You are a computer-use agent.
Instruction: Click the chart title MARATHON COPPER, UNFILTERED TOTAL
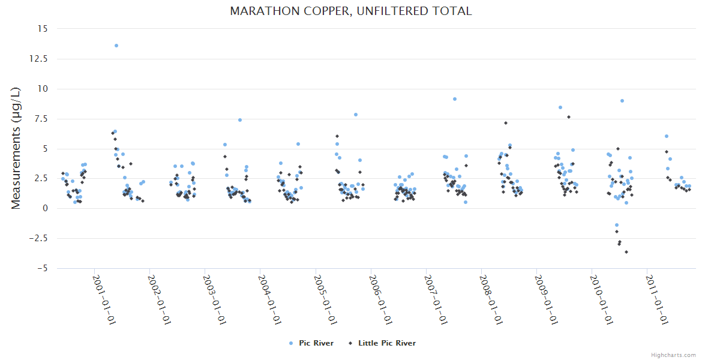click(351, 11)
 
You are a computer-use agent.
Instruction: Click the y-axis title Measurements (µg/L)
click(16, 148)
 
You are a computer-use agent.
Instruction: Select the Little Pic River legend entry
click(386, 343)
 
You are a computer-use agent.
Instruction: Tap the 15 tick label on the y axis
click(42, 29)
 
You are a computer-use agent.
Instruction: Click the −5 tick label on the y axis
click(41, 268)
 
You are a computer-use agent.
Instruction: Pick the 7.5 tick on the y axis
click(40, 119)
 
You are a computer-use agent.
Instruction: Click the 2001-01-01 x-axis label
click(104, 300)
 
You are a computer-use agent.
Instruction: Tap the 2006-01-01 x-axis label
click(380, 300)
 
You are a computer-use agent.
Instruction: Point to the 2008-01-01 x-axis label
click(491, 300)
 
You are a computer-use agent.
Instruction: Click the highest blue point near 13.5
click(116, 46)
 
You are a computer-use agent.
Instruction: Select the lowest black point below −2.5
click(626, 252)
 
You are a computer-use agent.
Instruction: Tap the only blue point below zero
click(616, 225)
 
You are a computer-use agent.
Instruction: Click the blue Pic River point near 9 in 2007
click(455, 99)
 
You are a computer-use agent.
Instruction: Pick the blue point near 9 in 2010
click(622, 101)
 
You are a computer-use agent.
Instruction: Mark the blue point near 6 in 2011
click(666, 136)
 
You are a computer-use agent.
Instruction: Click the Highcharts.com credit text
click(673, 355)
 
